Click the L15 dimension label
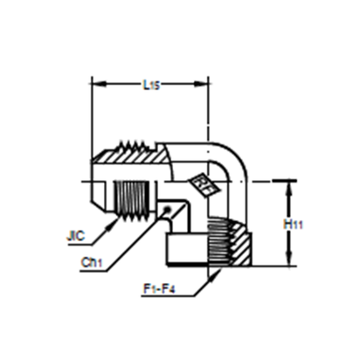coord(151,85)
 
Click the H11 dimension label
coord(293,225)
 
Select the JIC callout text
coord(76,236)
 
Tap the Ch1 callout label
coord(92,263)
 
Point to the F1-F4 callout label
coord(159,289)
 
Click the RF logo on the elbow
coord(204,187)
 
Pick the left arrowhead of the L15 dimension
coord(99,84)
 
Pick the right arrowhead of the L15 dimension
coord(201,84)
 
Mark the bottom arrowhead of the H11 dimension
coord(289,259)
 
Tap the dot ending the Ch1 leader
coord(167,210)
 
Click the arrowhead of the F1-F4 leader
coord(215,275)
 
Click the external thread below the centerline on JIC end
coord(133,201)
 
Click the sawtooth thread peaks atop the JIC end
coord(133,145)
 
